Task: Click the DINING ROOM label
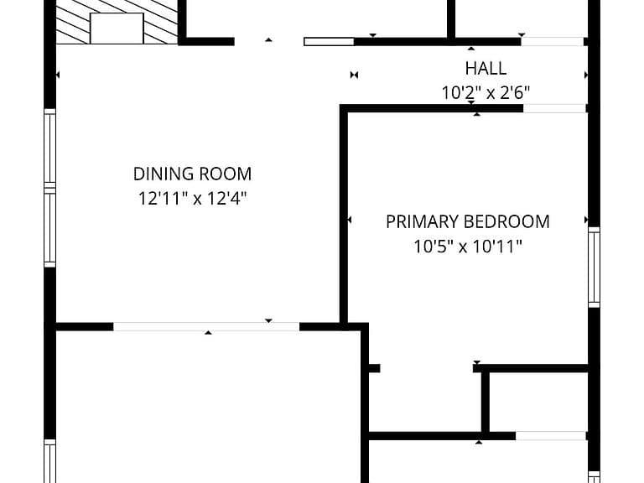(192, 174)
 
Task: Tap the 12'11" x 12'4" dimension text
(192, 199)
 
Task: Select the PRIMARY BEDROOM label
(468, 221)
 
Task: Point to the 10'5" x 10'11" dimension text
(468, 247)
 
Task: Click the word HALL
(486, 68)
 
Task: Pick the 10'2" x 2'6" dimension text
(486, 93)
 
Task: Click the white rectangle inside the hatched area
(117, 29)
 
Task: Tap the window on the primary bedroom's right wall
(594, 267)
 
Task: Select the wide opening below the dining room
(206, 327)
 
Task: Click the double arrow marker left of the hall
(354, 75)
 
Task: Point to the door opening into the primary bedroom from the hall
(554, 108)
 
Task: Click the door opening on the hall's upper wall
(553, 41)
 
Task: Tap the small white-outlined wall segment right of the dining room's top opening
(329, 41)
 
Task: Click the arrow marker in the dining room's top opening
(268, 40)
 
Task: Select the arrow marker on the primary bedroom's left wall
(349, 221)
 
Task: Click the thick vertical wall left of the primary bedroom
(344, 216)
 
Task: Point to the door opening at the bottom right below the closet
(551, 436)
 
